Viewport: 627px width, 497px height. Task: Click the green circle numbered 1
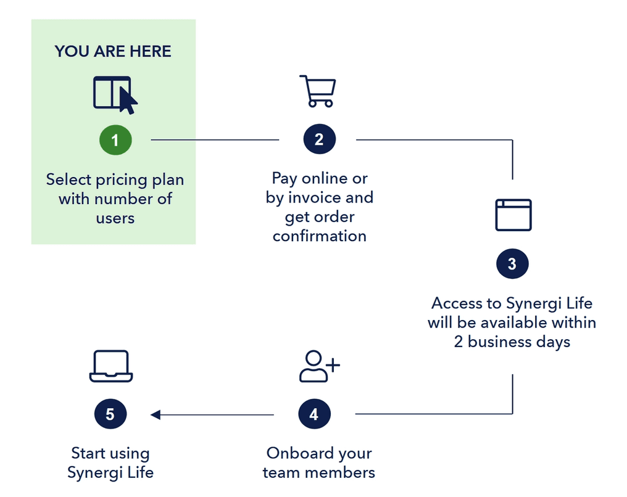click(115, 140)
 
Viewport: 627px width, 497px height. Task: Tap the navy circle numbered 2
click(318, 140)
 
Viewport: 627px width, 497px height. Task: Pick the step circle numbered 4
click(313, 414)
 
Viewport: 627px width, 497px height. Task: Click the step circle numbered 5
click(110, 414)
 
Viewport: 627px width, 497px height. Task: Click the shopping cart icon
click(318, 91)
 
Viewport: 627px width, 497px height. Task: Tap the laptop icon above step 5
click(111, 367)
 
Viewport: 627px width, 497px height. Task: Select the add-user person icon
click(318, 366)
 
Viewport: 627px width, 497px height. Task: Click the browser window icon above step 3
click(513, 215)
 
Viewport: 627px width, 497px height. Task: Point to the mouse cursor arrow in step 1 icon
click(128, 101)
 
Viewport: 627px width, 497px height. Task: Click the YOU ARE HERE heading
click(113, 51)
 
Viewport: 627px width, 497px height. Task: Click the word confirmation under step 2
click(320, 236)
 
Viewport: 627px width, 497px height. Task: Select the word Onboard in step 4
click(293, 453)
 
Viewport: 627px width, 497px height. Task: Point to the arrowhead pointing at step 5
click(156, 414)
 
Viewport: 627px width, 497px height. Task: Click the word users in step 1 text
click(115, 218)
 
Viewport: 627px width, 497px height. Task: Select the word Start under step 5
click(89, 453)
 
